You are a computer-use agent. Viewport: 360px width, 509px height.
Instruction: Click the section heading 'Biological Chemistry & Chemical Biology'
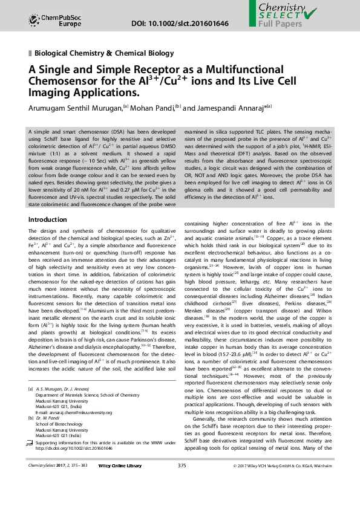pyautogui.click(x=104, y=54)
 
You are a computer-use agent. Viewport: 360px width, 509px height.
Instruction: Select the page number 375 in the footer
pyautogui.click(x=182, y=482)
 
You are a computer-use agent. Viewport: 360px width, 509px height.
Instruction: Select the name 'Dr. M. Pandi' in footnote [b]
pyautogui.click(x=50, y=417)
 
